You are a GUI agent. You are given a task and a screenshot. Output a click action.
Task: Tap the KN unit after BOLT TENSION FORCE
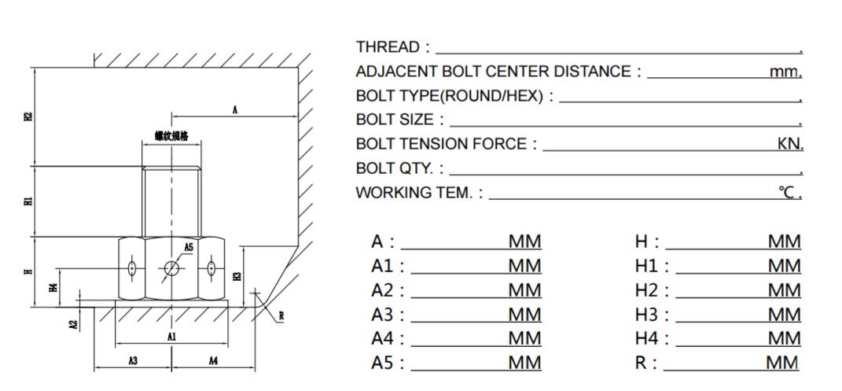pos(789,144)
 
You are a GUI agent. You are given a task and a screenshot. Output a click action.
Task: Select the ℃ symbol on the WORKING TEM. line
pos(788,193)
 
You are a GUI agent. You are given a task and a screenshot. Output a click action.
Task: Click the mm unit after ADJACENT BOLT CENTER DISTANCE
pos(785,72)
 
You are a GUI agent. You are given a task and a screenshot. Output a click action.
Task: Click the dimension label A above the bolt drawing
pos(234,111)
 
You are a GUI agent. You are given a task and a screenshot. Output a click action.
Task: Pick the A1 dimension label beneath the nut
pos(172,337)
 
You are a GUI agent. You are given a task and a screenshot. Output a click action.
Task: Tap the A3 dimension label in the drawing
pos(133,360)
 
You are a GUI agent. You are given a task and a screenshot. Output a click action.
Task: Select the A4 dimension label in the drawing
pos(213,360)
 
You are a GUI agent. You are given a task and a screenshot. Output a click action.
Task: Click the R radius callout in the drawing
pos(281,317)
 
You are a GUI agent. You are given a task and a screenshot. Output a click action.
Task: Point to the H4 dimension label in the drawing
pos(53,287)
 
